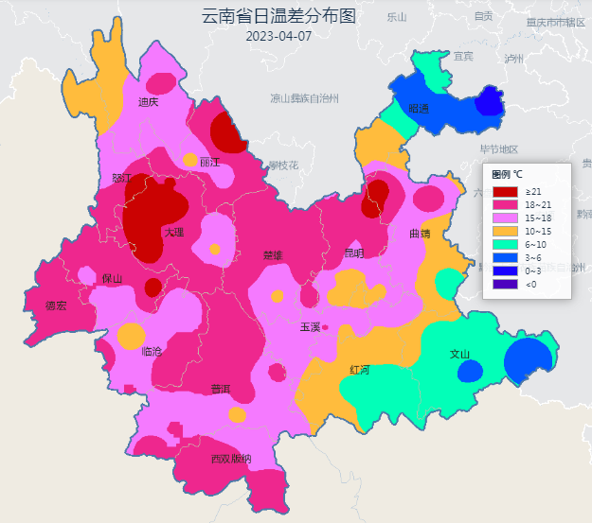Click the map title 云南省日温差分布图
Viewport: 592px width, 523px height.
278,17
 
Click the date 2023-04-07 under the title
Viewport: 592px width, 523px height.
278,37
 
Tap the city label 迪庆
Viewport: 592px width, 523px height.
148,102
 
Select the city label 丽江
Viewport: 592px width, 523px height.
209,162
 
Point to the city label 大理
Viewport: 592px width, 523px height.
173,232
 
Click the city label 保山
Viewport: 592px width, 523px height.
113,278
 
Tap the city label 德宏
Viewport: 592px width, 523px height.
56,305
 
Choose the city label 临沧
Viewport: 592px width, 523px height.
152,351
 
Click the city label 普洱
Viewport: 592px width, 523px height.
221,389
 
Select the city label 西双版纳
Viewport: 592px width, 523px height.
231,459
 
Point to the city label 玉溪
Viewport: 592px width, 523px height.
310,327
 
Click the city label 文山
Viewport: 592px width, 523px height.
460,355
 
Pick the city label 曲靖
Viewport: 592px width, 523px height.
420,233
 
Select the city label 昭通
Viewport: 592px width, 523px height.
418,109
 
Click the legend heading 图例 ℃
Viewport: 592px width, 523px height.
508,174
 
